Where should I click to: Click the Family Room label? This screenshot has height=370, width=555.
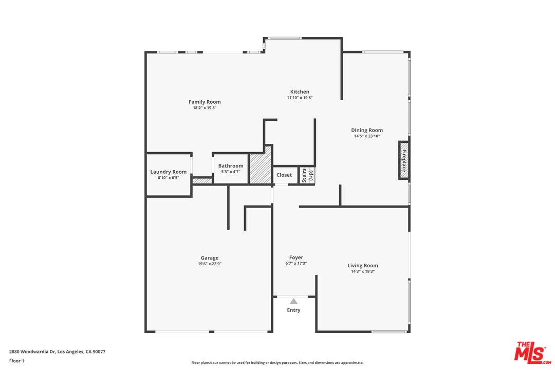pyautogui.click(x=205, y=102)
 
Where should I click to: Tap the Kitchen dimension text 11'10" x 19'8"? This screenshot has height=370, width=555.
pyautogui.click(x=300, y=98)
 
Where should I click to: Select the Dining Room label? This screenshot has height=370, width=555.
pyautogui.click(x=367, y=130)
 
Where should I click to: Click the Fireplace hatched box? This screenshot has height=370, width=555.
pyautogui.click(x=404, y=160)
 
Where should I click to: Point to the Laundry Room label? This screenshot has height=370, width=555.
pyautogui.click(x=168, y=172)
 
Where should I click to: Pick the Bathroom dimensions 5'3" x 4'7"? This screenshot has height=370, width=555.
pyautogui.click(x=231, y=172)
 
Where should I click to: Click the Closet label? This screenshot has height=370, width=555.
pyautogui.click(x=284, y=175)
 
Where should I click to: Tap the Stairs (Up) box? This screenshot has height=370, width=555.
pyautogui.click(x=307, y=175)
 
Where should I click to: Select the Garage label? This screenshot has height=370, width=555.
pyautogui.click(x=210, y=258)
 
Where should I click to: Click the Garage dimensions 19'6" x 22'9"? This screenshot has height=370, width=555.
pyautogui.click(x=210, y=264)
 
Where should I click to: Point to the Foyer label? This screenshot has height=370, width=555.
pyautogui.click(x=296, y=257)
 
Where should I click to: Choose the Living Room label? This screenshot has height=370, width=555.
pyautogui.click(x=363, y=266)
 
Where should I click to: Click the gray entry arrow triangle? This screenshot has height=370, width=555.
pyautogui.click(x=293, y=302)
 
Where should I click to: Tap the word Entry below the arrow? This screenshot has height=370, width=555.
pyautogui.click(x=293, y=310)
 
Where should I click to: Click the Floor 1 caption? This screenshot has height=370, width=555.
pyautogui.click(x=16, y=361)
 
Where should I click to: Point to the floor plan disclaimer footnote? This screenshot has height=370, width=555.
pyautogui.click(x=277, y=363)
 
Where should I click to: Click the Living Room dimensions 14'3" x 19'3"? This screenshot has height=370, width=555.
pyautogui.click(x=363, y=272)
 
